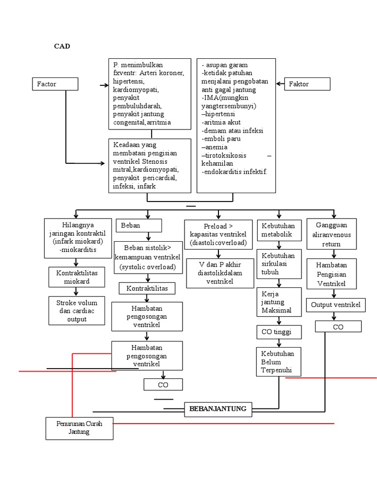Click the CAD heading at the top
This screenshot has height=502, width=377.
[62, 46]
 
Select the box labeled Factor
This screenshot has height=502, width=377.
[55, 84]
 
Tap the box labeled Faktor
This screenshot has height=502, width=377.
[307, 84]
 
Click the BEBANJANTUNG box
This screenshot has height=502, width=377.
[218, 409]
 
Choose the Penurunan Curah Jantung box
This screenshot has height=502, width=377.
[80, 428]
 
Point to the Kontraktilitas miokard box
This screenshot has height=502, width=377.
[77, 277]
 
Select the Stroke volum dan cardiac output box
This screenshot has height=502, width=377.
[77, 311]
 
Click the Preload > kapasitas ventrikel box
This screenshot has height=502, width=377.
[218, 235]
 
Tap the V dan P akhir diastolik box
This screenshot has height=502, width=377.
[220, 273]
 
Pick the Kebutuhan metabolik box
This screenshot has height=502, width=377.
[279, 230]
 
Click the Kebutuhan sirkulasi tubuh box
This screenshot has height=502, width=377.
[279, 264]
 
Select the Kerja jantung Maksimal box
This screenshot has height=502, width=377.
[279, 302]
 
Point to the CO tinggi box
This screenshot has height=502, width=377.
[279, 332]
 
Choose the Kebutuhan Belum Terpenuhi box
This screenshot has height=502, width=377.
[279, 362]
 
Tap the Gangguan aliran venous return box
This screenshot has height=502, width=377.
[332, 234]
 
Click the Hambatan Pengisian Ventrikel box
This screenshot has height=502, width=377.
[332, 274]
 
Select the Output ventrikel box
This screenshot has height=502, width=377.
[336, 305]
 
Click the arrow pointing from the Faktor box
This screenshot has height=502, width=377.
[280, 84]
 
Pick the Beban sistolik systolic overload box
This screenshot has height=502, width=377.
[148, 258]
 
